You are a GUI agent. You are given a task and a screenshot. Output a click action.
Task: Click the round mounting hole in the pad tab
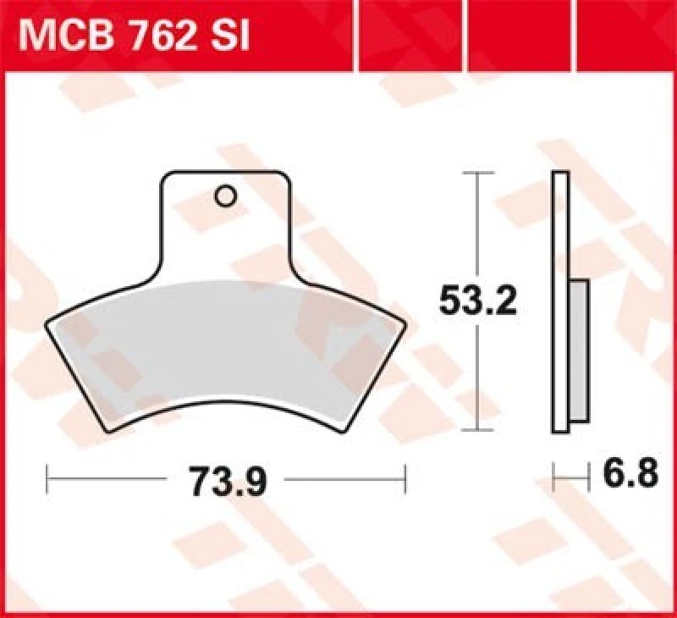tap(225, 196)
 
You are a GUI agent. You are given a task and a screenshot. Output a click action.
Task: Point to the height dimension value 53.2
tap(478, 301)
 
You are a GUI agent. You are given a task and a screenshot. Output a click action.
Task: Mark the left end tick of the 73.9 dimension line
tap(47, 478)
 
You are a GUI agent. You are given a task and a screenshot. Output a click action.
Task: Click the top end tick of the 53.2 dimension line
tap(479, 173)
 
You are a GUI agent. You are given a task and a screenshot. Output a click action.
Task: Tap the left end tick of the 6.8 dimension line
tap(553, 477)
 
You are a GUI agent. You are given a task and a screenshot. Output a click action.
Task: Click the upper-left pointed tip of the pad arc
tap(47, 322)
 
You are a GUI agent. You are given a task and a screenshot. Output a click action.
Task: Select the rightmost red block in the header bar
tap(626, 35)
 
